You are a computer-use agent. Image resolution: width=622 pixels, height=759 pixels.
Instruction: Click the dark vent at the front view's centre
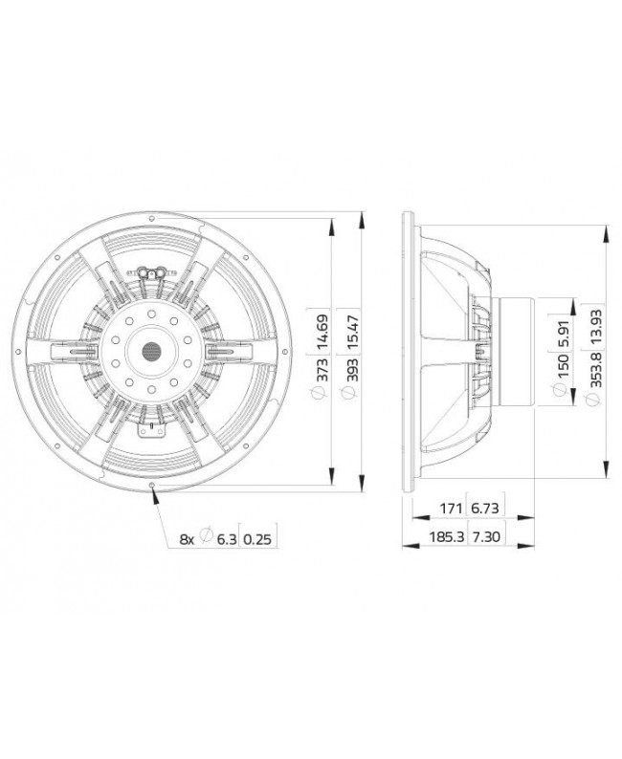pyautogui.click(x=151, y=352)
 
